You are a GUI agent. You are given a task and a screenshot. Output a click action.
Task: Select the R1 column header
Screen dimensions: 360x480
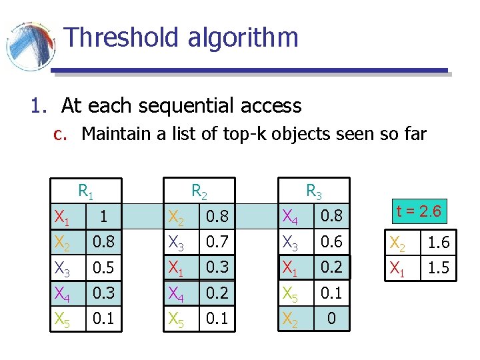click(x=85, y=191)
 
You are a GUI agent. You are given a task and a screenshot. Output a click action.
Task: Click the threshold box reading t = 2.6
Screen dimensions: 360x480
click(x=418, y=212)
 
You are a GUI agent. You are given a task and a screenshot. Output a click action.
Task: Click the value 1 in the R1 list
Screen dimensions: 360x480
click(x=102, y=217)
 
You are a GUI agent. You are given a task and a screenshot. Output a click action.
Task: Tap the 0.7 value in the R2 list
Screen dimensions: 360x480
click(x=217, y=242)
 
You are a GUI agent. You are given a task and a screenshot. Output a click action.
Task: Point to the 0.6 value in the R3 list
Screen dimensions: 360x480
click(x=331, y=242)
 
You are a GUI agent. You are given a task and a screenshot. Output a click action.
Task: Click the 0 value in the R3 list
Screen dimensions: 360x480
click(x=331, y=319)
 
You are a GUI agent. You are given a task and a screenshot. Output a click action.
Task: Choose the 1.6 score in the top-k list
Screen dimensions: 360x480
click(x=439, y=243)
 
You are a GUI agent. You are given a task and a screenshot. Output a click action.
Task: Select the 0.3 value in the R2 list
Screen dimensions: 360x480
click(x=217, y=267)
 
